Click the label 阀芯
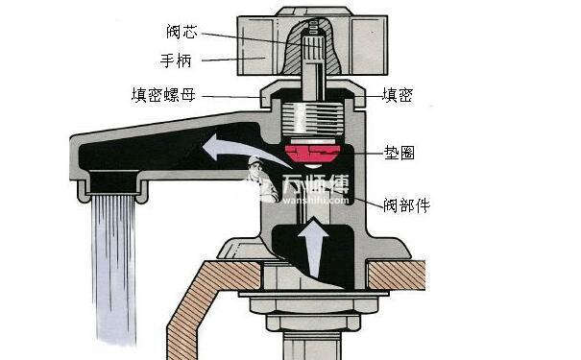180,32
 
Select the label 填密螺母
164,94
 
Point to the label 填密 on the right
398,94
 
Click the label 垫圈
398,152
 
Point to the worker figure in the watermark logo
258,183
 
